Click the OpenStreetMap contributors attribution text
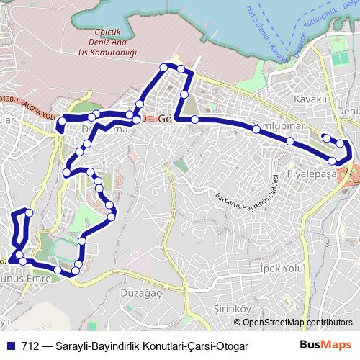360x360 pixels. coord(297,323)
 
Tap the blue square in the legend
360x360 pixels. coord(12,346)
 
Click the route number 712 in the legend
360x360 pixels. coord(30,346)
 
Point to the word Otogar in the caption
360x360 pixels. coord(230,346)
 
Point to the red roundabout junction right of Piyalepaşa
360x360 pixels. coord(353,174)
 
